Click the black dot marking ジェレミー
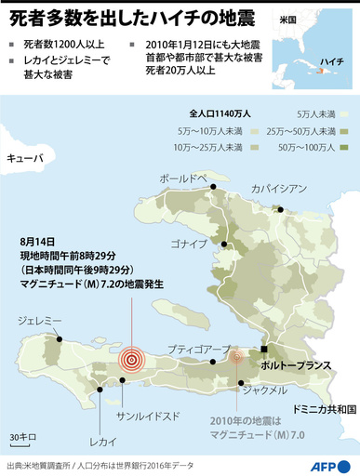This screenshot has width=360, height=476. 61,339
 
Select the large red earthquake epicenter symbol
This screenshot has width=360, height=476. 131,357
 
